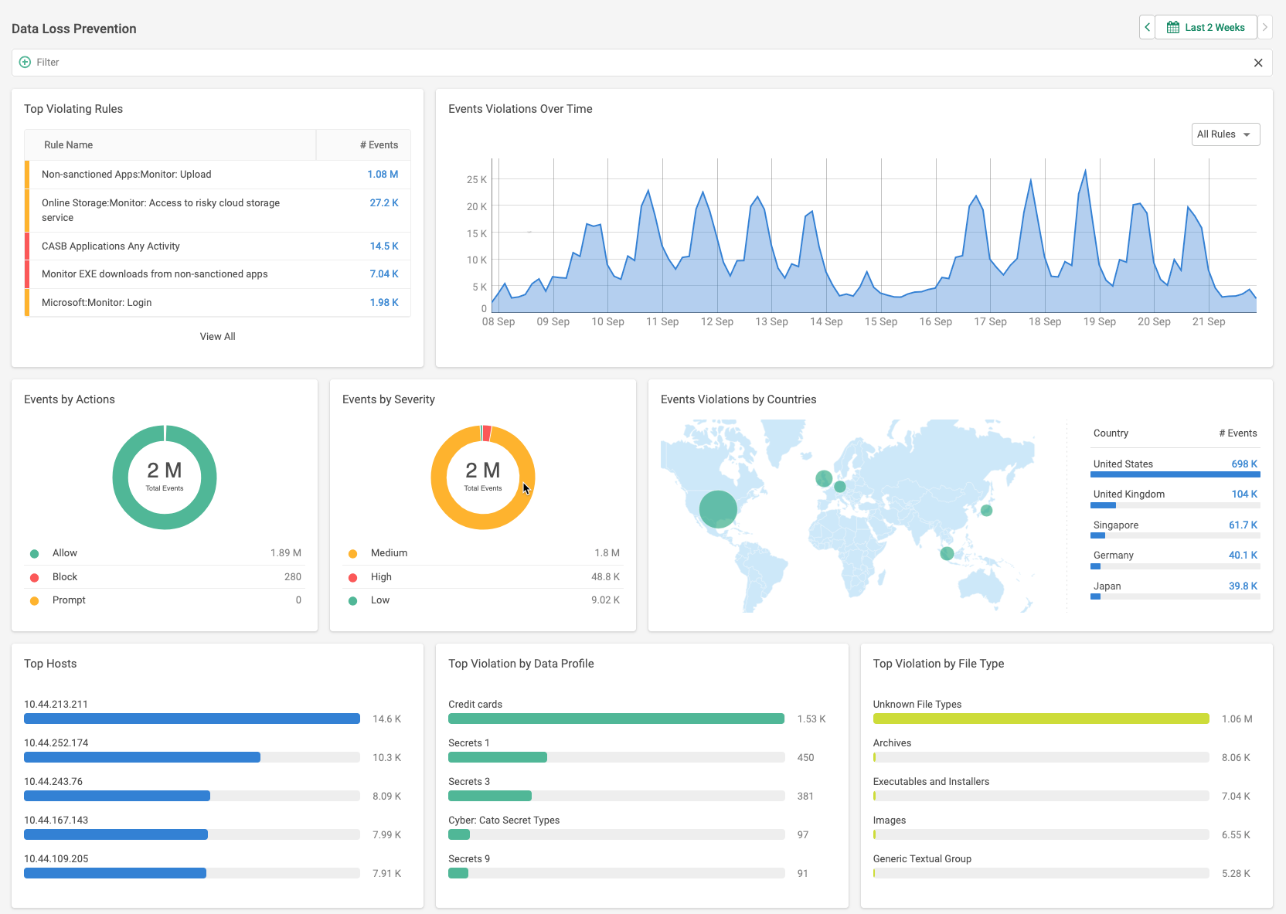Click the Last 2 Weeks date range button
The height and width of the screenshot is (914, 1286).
1206,28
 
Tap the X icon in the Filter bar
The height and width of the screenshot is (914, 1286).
1258,63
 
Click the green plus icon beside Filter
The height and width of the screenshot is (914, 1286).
25,62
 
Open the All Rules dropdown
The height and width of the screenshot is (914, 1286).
1225,134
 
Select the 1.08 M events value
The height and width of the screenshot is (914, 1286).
383,175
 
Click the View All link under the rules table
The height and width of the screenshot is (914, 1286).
217,336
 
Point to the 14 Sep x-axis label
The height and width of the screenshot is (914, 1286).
826,321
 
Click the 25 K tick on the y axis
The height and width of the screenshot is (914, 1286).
476,179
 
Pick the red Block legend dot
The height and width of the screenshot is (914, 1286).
34,577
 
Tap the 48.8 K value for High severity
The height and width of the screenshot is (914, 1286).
605,577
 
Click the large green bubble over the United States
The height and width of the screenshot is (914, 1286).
718,509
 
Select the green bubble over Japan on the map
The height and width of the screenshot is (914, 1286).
986,510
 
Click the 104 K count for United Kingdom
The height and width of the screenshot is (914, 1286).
1244,494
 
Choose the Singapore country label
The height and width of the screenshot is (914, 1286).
1115,525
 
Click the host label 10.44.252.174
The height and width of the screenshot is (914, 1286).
56,743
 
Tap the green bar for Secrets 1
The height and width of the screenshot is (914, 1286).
498,757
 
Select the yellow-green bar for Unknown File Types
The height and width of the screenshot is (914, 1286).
1040,719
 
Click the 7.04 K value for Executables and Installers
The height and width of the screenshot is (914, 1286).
1236,797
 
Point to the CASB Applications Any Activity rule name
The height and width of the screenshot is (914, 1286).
111,246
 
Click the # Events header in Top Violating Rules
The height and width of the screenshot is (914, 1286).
379,145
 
